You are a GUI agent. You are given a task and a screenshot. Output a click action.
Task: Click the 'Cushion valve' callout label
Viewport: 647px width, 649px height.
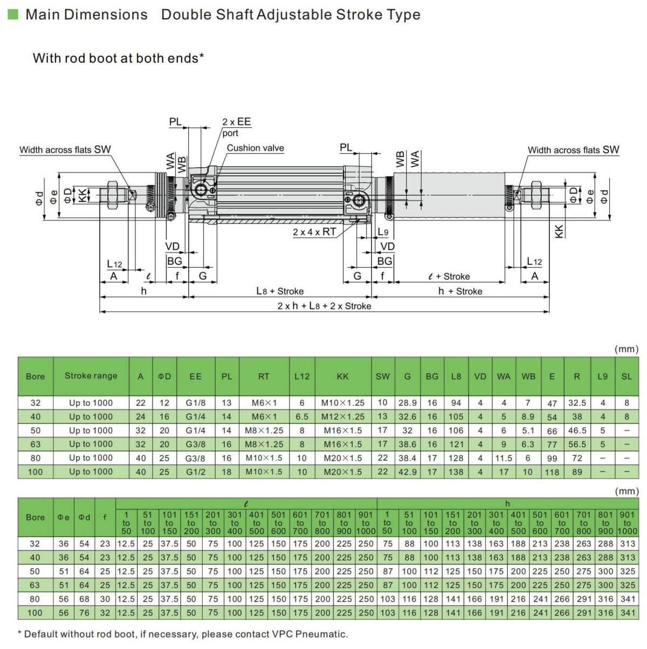coord(255,148)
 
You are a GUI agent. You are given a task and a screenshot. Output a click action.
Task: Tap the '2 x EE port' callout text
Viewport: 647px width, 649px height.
coord(236,127)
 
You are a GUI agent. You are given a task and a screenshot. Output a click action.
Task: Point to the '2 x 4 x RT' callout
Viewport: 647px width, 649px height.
coord(314,232)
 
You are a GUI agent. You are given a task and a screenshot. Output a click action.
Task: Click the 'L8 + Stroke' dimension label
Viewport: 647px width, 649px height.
coord(280,291)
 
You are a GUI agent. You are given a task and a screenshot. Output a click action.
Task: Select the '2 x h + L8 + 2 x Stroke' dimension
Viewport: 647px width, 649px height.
coord(324,306)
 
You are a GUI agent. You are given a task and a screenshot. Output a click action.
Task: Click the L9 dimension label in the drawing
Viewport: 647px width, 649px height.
coord(383,232)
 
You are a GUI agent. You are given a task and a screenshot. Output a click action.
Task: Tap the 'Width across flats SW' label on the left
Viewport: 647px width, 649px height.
coord(65,149)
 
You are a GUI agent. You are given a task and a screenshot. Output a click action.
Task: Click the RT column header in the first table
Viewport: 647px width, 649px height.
coord(264,377)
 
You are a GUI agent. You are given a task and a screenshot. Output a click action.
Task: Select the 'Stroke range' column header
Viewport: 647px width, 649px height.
coord(91,376)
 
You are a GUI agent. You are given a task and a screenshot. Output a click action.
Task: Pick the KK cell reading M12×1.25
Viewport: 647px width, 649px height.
coord(342,416)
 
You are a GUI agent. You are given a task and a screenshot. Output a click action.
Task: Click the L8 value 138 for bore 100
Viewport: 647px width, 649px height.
coord(456,472)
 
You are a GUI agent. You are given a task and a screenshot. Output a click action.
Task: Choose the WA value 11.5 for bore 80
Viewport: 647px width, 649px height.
coord(503,458)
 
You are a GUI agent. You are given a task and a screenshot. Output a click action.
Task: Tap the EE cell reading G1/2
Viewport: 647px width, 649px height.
coord(195,472)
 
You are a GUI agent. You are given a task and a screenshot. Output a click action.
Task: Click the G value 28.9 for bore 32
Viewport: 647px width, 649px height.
coord(407,403)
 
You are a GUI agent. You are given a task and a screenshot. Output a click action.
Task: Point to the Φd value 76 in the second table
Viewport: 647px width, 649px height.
coord(84,612)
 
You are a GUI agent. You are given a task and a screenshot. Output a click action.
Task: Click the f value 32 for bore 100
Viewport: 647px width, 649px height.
coord(105,612)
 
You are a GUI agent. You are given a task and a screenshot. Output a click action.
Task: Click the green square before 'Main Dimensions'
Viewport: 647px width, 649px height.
coord(13,14)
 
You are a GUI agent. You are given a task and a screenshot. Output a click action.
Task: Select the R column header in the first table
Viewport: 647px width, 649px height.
coord(577,377)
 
